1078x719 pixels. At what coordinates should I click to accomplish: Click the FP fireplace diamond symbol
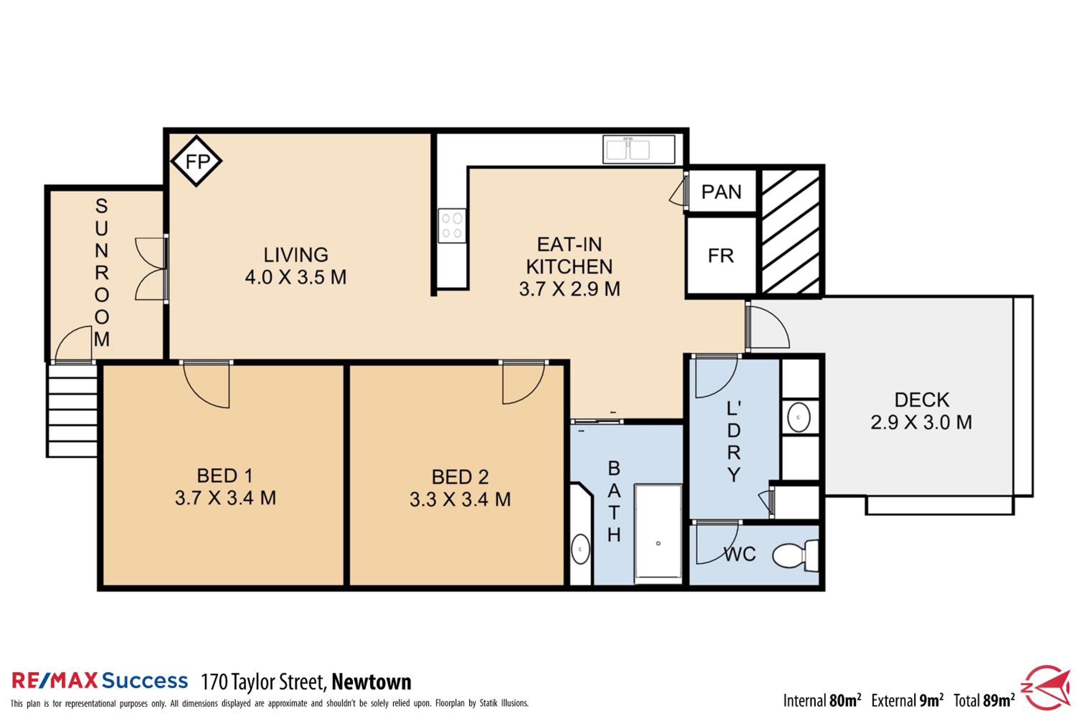click(x=196, y=161)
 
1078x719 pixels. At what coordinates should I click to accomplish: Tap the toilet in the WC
click(x=796, y=556)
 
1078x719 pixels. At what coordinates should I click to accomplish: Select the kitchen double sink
click(x=639, y=149)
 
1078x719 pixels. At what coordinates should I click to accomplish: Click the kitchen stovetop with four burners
click(x=452, y=226)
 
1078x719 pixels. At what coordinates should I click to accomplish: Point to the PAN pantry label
click(x=722, y=192)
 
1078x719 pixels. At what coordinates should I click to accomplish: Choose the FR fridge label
click(x=721, y=256)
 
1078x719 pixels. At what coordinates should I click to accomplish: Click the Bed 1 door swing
click(x=206, y=384)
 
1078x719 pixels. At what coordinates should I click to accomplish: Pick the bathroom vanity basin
click(x=581, y=549)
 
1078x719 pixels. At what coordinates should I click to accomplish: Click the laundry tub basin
click(x=798, y=417)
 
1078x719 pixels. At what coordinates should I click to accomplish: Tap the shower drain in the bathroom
click(x=658, y=543)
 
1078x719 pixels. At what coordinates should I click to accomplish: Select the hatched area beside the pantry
click(x=791, y=232)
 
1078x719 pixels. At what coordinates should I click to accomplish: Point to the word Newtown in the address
click(x=371, y=682)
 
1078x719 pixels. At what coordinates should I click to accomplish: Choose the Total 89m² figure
click(x=984, y=700)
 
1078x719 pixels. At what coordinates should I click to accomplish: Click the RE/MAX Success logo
click(x=100, y=681)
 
